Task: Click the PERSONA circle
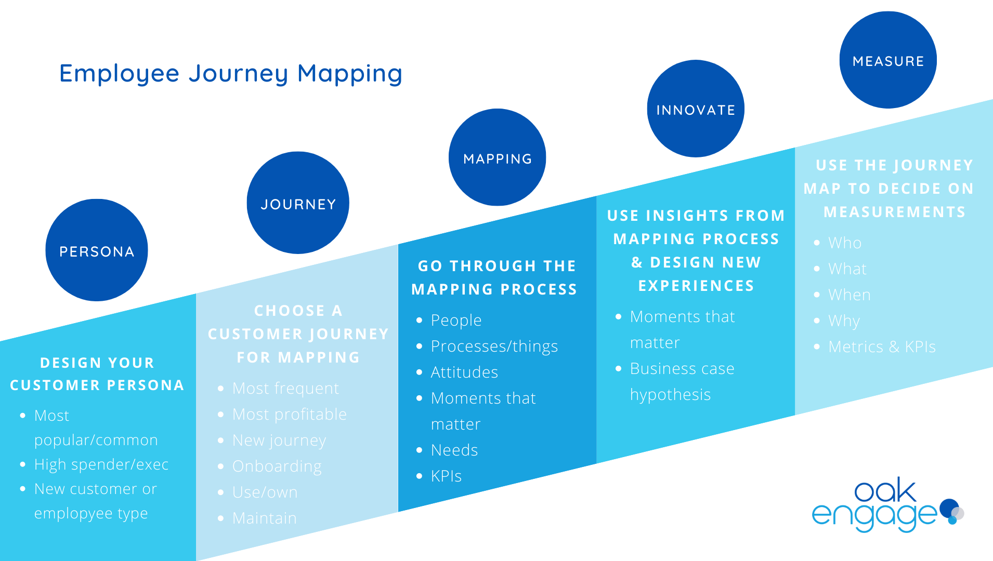(x=97, y=250)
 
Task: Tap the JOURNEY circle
(x=298, y=203)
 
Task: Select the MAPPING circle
(x=497, y=157)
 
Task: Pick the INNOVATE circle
(x=696, y=109)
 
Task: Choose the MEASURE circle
(x=888, y=60)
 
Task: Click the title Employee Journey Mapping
(x=231, y=73)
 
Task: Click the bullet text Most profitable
(x=289, y=415)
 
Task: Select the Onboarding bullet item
(x=277, y=466)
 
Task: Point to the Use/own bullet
(x=265, y=492)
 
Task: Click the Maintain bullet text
(x=264, y=518)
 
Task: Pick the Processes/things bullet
(x=494, y=346)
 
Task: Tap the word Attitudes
(x=464, y=372)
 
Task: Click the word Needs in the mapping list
(x=454, y=450)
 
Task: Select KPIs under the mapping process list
(x=446, y=476)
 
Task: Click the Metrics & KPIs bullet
(x=882, y=347)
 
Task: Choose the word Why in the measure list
(x=844, y=321)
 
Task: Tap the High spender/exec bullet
(x=101, y=464)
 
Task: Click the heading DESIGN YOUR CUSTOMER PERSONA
(x=97, y=374)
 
